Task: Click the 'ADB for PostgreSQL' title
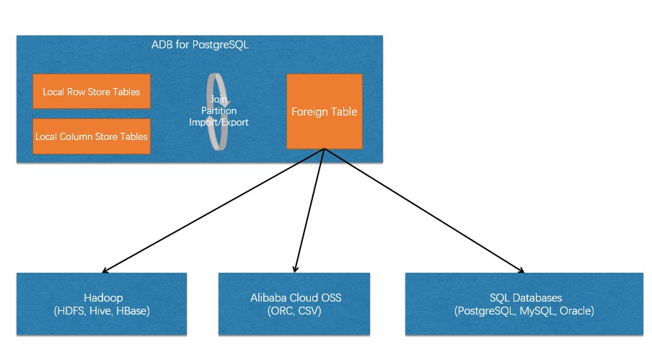tap(200, 45)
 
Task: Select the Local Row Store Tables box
tap(92, 92)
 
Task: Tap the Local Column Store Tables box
tap(92, 136)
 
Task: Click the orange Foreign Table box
tap(325, 111)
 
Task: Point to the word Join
tap(219, 99)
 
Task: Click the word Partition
tap(219, 110)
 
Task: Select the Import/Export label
tap(219, 122)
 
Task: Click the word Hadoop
tap(103, 298)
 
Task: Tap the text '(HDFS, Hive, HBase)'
tap(102, 311)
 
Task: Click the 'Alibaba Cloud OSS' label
tap(296, 298)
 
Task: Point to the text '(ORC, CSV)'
tap(294, 311)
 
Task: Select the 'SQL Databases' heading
tap(526, 298)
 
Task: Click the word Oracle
tap(577, 311)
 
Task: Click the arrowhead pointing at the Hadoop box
tap(105, 271)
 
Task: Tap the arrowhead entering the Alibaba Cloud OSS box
tap(295, 269)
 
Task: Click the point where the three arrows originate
tap(324, 149)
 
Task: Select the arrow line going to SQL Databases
tap(424, 211)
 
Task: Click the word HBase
tap(133, 311)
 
